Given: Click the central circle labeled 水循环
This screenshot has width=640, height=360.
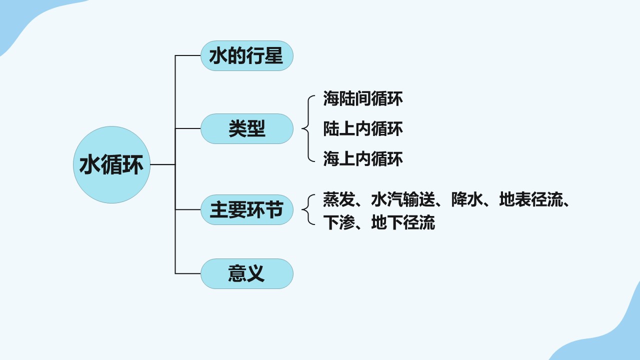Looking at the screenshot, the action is (x=111, y=165).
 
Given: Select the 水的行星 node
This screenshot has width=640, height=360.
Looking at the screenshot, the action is (x=247, y=55).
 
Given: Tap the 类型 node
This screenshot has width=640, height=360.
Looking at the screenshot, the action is (x=247, y=128).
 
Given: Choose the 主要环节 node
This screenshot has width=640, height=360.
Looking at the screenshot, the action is (x=247, y=209).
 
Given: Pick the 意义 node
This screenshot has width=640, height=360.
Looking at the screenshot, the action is (x=247, y=273).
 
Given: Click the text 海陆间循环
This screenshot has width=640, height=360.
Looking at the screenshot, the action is (x=363, y=98).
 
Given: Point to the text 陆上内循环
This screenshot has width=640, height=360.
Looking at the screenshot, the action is (x=363, y=128).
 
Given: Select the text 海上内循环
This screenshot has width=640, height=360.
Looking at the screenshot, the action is (x=363, y=159).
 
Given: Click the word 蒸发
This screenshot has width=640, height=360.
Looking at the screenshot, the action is (x=339, y=199).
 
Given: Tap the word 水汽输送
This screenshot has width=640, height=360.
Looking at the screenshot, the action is (x=403, y=199).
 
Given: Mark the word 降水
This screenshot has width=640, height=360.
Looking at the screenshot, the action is (x=467, y=199).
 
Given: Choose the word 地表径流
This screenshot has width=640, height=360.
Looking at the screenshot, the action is (x=531, y=199).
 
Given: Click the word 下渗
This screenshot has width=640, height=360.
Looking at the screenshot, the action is (x=339, y=222).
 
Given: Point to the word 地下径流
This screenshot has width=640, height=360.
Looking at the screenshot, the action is (x=403, y=222).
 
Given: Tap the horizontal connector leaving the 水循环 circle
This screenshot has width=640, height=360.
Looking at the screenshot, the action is (x=162, y=164).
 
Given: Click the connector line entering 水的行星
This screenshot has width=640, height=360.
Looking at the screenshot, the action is (x=187, y=55).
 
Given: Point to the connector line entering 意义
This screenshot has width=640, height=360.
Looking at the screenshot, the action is (x=187, y=273).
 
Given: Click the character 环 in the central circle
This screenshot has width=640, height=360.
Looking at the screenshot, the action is (x=132, y=165).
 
